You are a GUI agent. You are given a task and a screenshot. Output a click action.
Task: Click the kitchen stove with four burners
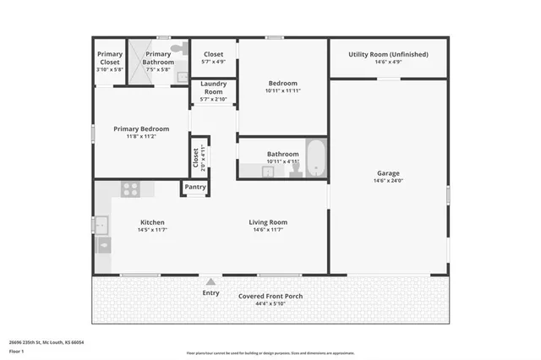131,189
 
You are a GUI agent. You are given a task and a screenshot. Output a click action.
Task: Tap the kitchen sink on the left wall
101,225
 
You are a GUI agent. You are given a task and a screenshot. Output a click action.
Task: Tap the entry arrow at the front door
210,281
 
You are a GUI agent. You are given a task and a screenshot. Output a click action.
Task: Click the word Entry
210,293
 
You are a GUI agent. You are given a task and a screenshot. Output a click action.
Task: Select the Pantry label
195,187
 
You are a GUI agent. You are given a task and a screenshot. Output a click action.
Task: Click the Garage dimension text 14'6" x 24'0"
388,181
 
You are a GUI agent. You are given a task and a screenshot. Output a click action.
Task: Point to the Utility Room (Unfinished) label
388,54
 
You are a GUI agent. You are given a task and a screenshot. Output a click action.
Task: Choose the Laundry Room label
213,88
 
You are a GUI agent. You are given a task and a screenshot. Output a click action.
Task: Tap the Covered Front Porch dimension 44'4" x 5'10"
270,304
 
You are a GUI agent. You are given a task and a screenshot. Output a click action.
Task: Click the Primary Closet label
110,57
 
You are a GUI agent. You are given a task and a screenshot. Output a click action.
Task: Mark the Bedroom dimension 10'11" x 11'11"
282,90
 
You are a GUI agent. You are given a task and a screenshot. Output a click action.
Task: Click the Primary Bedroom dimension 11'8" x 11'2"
141,136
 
